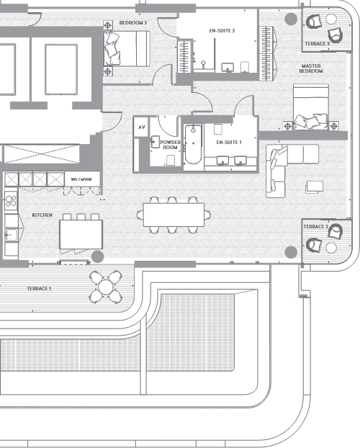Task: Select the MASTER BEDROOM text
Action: (x=312, y=69)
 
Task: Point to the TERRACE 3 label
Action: (x=317, y=44)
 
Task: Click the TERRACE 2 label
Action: (x=316, y=227)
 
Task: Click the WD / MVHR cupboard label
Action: (x=81, y=178)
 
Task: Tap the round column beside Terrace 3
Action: (x=290, y=19)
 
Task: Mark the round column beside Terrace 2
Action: (x=290, y=251)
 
